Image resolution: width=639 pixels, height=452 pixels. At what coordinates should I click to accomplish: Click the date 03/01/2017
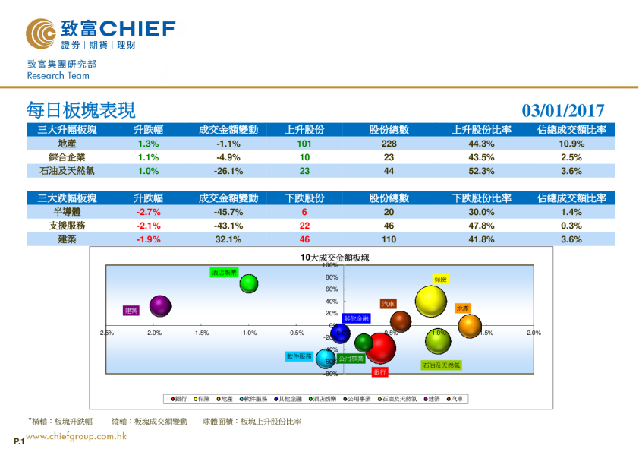[563, 111]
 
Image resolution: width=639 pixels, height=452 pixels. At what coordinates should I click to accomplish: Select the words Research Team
[58, 76]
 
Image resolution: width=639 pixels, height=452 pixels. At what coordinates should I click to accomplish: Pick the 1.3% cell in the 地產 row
[149, 144]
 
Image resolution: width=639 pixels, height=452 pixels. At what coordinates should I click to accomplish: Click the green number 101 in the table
[305, 144]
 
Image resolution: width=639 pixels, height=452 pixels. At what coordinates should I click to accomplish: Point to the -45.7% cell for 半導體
[228, 212]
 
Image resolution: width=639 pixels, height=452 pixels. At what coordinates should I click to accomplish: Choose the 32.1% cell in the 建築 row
[228, 239]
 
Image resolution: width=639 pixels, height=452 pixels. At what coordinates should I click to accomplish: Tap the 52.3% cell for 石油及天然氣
[482, 171]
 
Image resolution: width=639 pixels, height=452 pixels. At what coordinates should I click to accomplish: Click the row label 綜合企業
[67, 157]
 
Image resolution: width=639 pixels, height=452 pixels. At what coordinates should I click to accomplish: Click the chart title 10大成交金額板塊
[335, 258]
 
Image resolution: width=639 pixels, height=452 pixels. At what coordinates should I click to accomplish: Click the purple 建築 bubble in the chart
[159, 306]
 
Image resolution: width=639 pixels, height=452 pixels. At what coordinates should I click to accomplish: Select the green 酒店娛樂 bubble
[249, 283]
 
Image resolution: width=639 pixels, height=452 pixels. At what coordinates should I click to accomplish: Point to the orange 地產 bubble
[470, 326]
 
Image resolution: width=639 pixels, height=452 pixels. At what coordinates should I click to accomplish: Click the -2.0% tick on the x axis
[153, 333]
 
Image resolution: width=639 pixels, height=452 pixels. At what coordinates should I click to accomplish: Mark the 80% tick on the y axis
[332, 277]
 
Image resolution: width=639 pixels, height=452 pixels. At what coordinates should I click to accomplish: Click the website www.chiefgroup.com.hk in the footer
[76, 436]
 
